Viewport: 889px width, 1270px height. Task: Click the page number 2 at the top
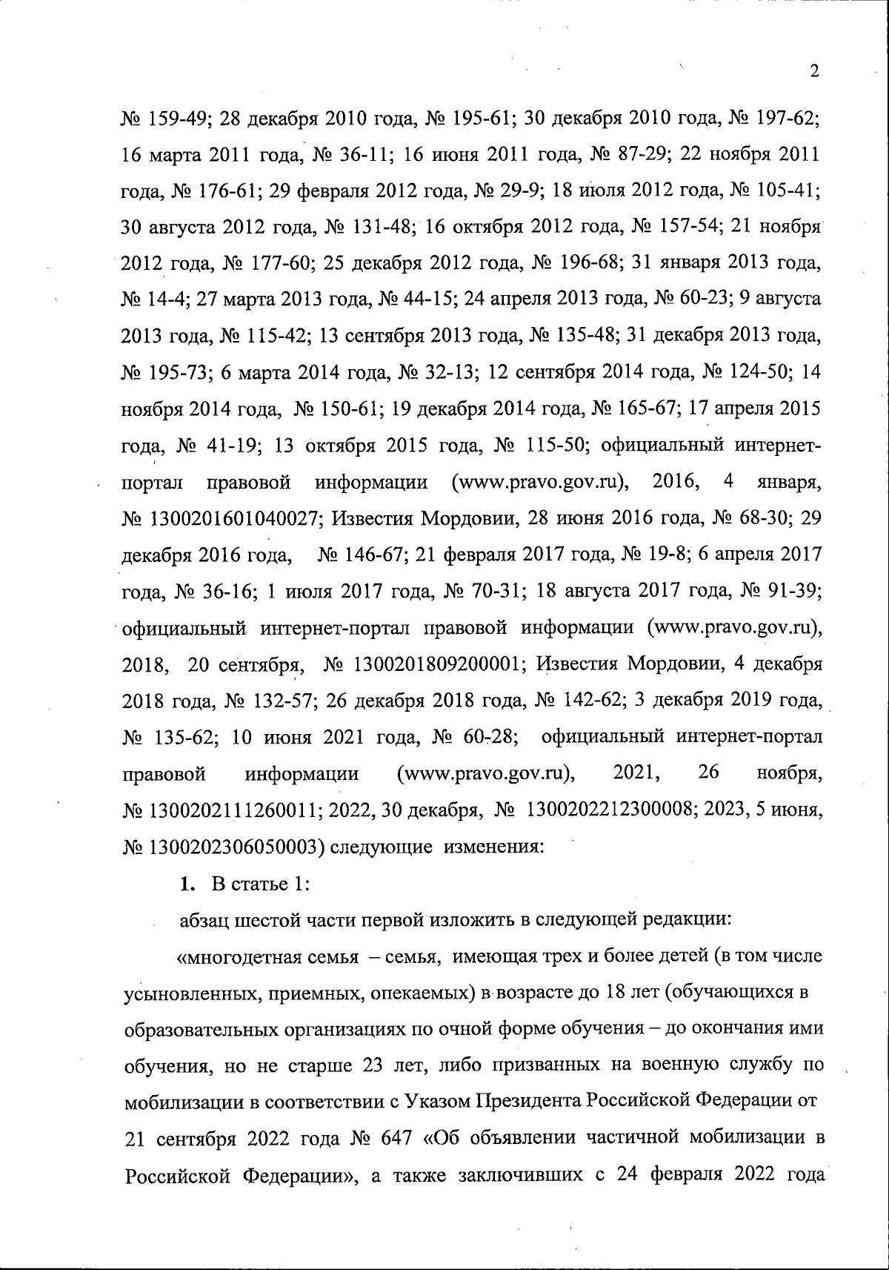point(814,71)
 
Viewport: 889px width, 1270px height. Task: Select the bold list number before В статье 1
point(187,884)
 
